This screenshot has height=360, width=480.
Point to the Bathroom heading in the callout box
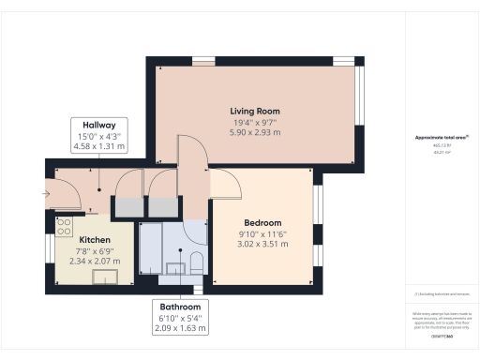[x=178, y=307]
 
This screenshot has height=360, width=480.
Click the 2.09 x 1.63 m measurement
[x=178, y=329]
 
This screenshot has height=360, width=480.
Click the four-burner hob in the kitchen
[x=65, y=226]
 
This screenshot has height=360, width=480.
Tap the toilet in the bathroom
[x=197, y=260]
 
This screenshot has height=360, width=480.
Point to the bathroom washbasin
[x=176, y=269]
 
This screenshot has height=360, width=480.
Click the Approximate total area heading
[x=441, y=138]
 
